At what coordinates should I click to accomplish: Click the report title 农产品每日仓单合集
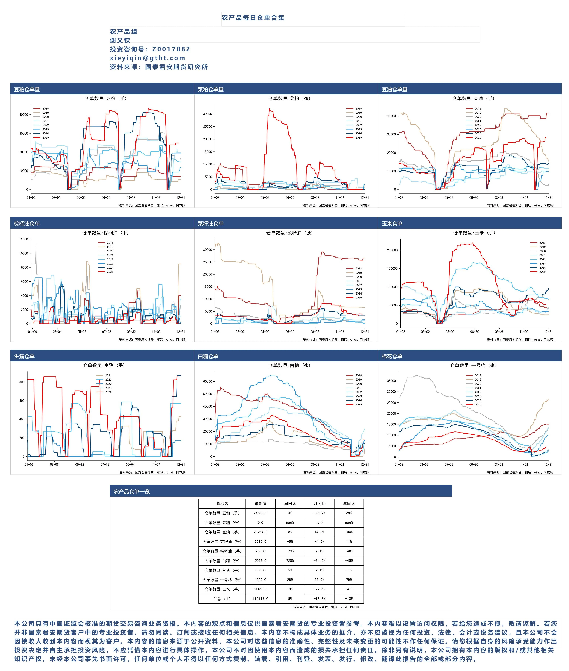coord(253,18)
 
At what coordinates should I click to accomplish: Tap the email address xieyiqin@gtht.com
coord(147,58)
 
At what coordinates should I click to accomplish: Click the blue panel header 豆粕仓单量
coord(27,89)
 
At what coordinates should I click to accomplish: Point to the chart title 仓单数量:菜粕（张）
coord(289,98)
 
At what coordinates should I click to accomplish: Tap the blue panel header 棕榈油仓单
coord(27,223)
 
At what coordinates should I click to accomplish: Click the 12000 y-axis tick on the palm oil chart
coord(24,239)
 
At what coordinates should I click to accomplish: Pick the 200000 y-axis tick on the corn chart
coord(392,250)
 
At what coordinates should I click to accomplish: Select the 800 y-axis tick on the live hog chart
coord(22,382)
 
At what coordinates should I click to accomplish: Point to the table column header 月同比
coord(319,504)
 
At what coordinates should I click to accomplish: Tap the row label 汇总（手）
coord(222,599)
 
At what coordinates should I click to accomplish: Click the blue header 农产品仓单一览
coord(132,492)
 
